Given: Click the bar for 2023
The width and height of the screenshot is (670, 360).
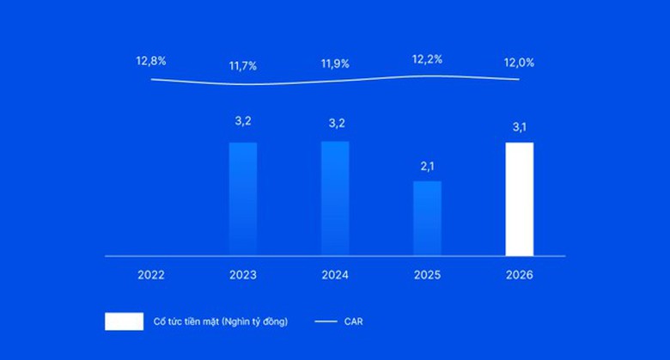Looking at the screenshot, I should click(x=243, y=199).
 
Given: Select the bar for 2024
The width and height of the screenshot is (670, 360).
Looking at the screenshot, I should click(x=335, y=198).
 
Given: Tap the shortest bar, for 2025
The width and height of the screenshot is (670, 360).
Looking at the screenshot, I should click(x=427, y=218).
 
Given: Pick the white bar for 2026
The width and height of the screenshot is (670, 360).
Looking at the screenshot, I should click(x=519, y=199).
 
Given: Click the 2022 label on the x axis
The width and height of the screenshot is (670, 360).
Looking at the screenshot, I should click(x=151, y=276).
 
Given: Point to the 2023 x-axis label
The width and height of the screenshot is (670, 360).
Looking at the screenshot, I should click(x=243, y=276).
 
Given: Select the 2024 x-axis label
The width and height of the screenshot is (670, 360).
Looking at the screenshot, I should click(x=335, y=276).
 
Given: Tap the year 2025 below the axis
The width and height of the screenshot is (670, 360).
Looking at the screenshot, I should click(x=427, y=276).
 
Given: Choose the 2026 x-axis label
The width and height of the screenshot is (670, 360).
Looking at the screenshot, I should click(x=519, y=276).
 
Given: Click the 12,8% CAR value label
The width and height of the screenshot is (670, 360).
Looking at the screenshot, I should click(x=151, y=61).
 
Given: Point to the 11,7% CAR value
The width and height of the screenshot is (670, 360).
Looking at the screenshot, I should click(x=243, y=65).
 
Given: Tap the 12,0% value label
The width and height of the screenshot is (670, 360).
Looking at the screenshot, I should click(x=519, y=63).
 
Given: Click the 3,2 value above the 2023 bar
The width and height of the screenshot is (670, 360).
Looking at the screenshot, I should click(x=243, y=121).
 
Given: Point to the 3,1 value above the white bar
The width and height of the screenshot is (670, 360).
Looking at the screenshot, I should click(x=519, y=127).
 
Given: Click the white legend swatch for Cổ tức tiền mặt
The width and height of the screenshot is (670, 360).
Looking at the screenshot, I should click(x=124, y=321).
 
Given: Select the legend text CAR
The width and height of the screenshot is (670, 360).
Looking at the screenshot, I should click(x=354, y=322).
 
